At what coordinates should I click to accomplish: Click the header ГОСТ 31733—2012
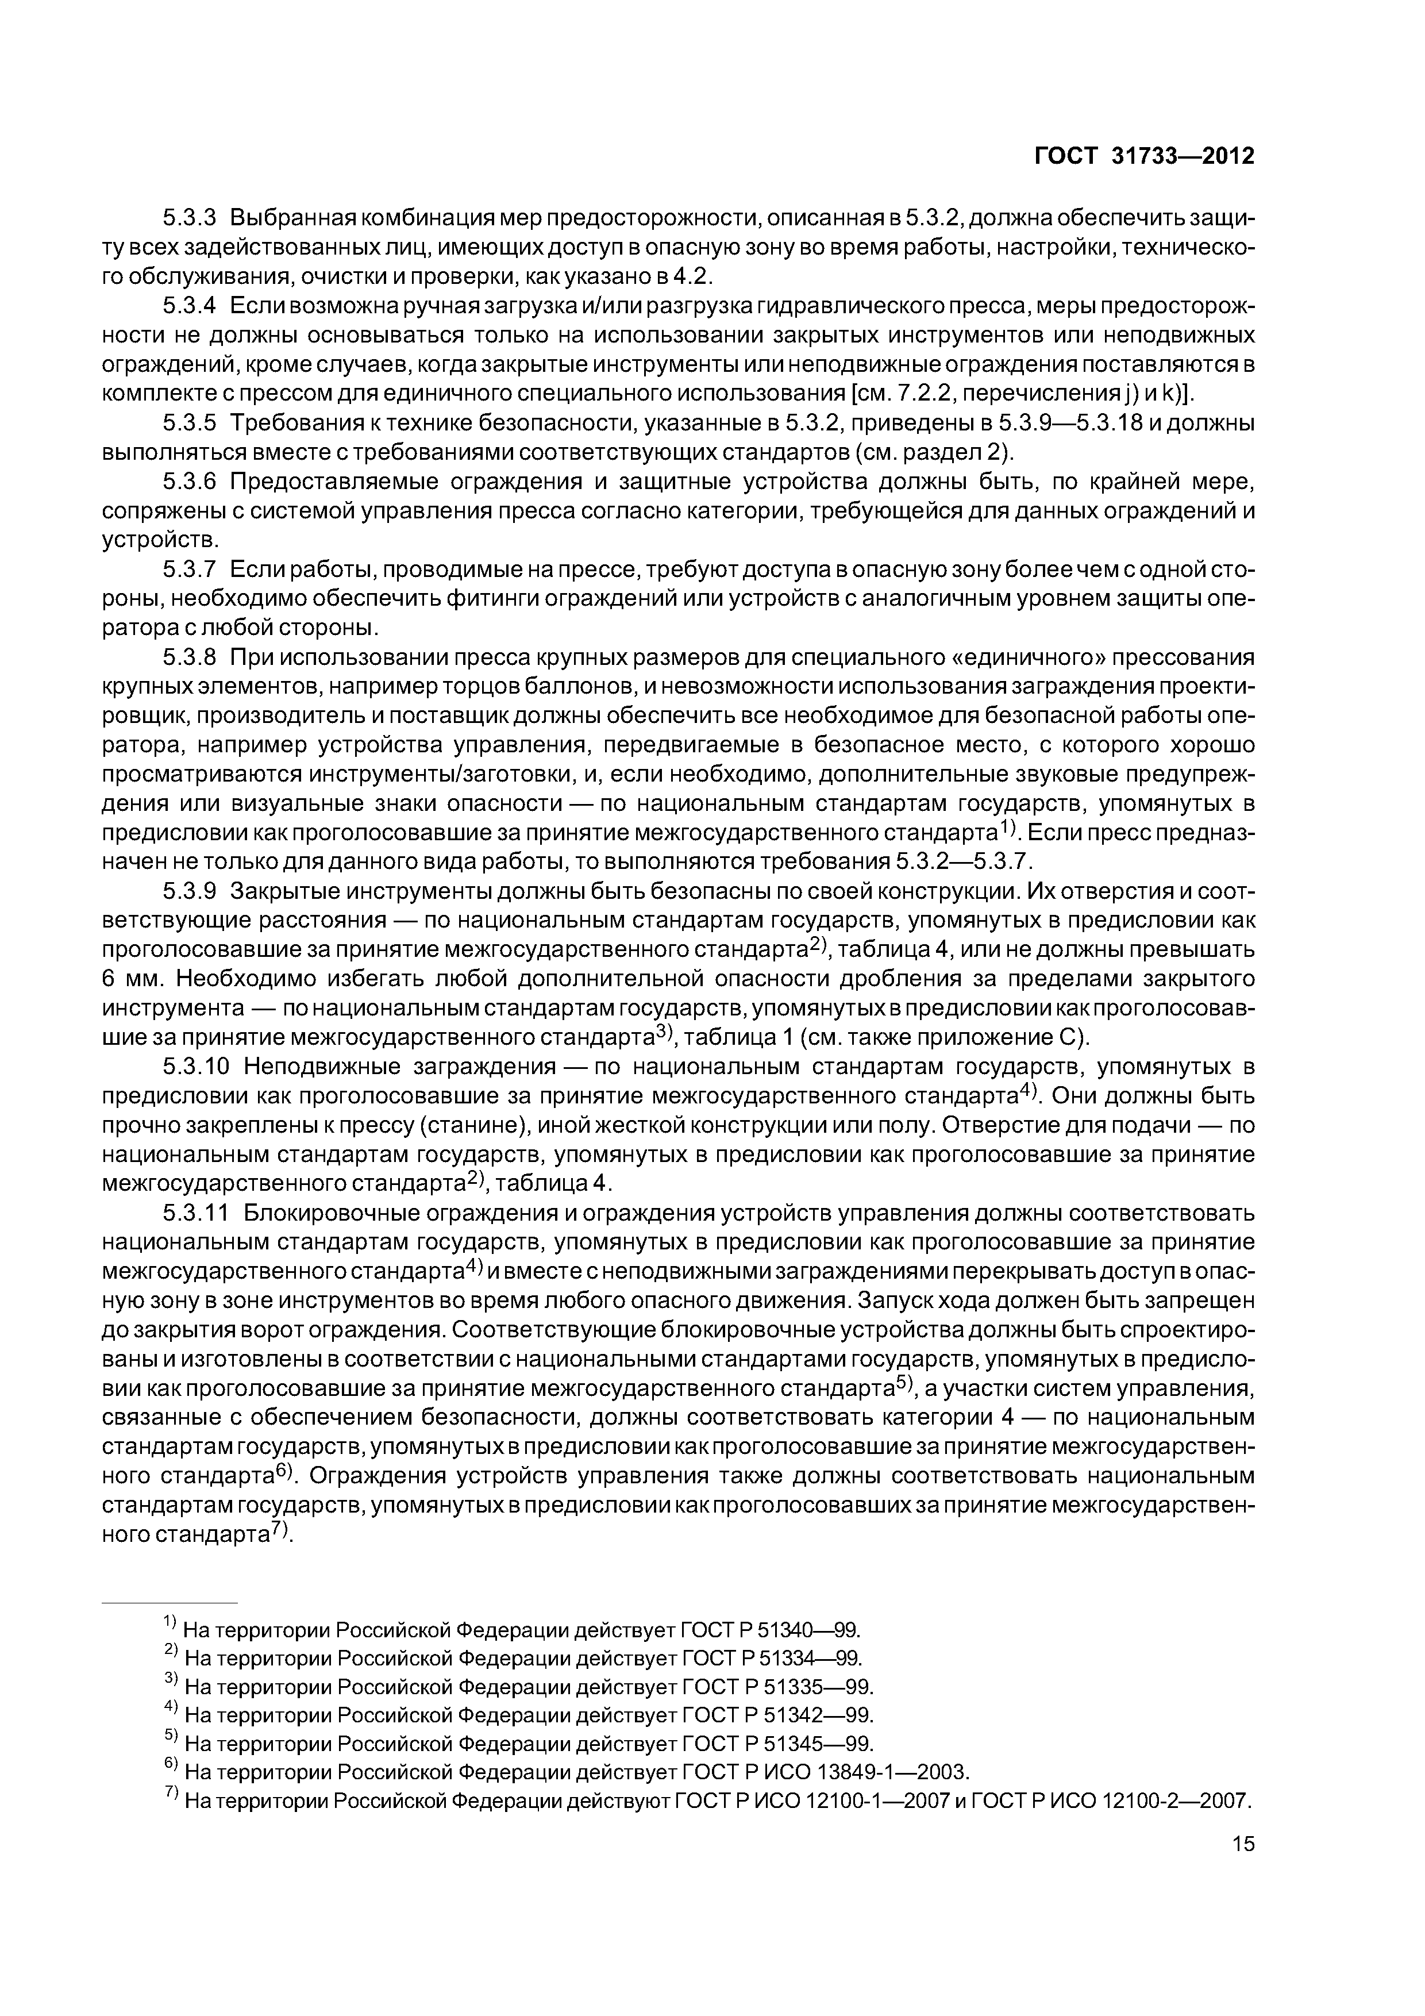1144,156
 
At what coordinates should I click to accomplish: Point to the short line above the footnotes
170,1602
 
